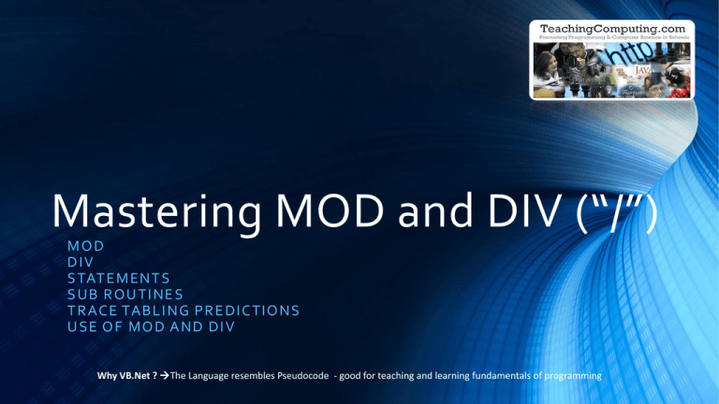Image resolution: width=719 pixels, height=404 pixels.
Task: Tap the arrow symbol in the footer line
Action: pos(165,375)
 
